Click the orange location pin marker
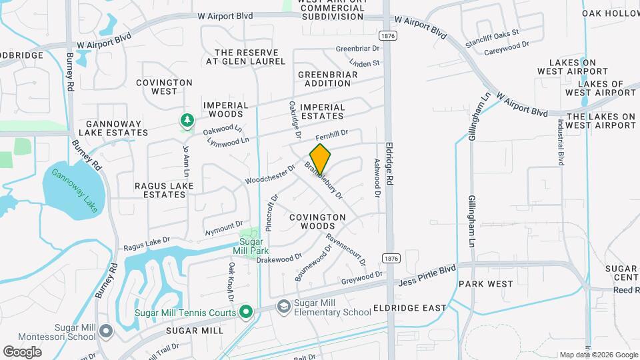pyautogui.click(x=321, y=159)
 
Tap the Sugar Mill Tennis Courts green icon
pyautogui.click(x=246, y=311)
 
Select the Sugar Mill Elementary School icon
pyautogui.click(x=283, y=306)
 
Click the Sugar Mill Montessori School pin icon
pyautogui.click(x=106, y=331)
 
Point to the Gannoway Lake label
pyautogui.click(x=74, y=189)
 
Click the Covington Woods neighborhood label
pyautogui.click(x=318, y=222)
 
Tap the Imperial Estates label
pyautogui.click(x=323, y=111)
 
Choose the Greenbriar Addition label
pyautogui.click(x=323, y=79)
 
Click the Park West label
pyautogui.click(x=486, y=284)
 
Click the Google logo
pyautogui.click(x=22, y=351)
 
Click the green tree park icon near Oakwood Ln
pyautogui.click(x=187, y=120)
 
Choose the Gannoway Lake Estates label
pyautogui.click(x=117, y=128)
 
